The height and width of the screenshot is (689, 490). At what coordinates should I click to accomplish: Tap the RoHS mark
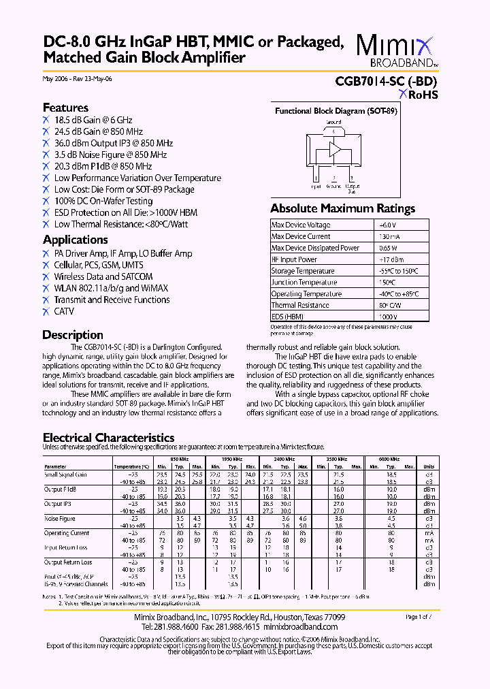coord(418,95)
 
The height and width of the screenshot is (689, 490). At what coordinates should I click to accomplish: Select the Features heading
coord(65,108)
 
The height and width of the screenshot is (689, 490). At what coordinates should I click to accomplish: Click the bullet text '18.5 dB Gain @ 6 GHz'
coord(93,120)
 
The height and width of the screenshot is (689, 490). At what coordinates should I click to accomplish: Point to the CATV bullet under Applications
coord(64,311)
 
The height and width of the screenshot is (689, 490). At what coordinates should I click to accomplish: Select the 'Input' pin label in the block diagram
coord(316,185)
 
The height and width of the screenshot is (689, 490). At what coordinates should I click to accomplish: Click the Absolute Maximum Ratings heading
coord(342,208)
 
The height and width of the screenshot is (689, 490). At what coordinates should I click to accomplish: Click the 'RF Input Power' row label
coord(294,259)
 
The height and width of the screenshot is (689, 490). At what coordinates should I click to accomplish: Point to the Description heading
coord(73,335)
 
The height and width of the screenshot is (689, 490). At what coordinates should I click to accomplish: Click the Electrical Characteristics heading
coord(108,438)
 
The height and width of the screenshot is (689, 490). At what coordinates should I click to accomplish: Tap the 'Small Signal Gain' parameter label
coord(65,475)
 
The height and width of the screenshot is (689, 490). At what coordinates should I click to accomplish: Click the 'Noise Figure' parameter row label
coord(60,518)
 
